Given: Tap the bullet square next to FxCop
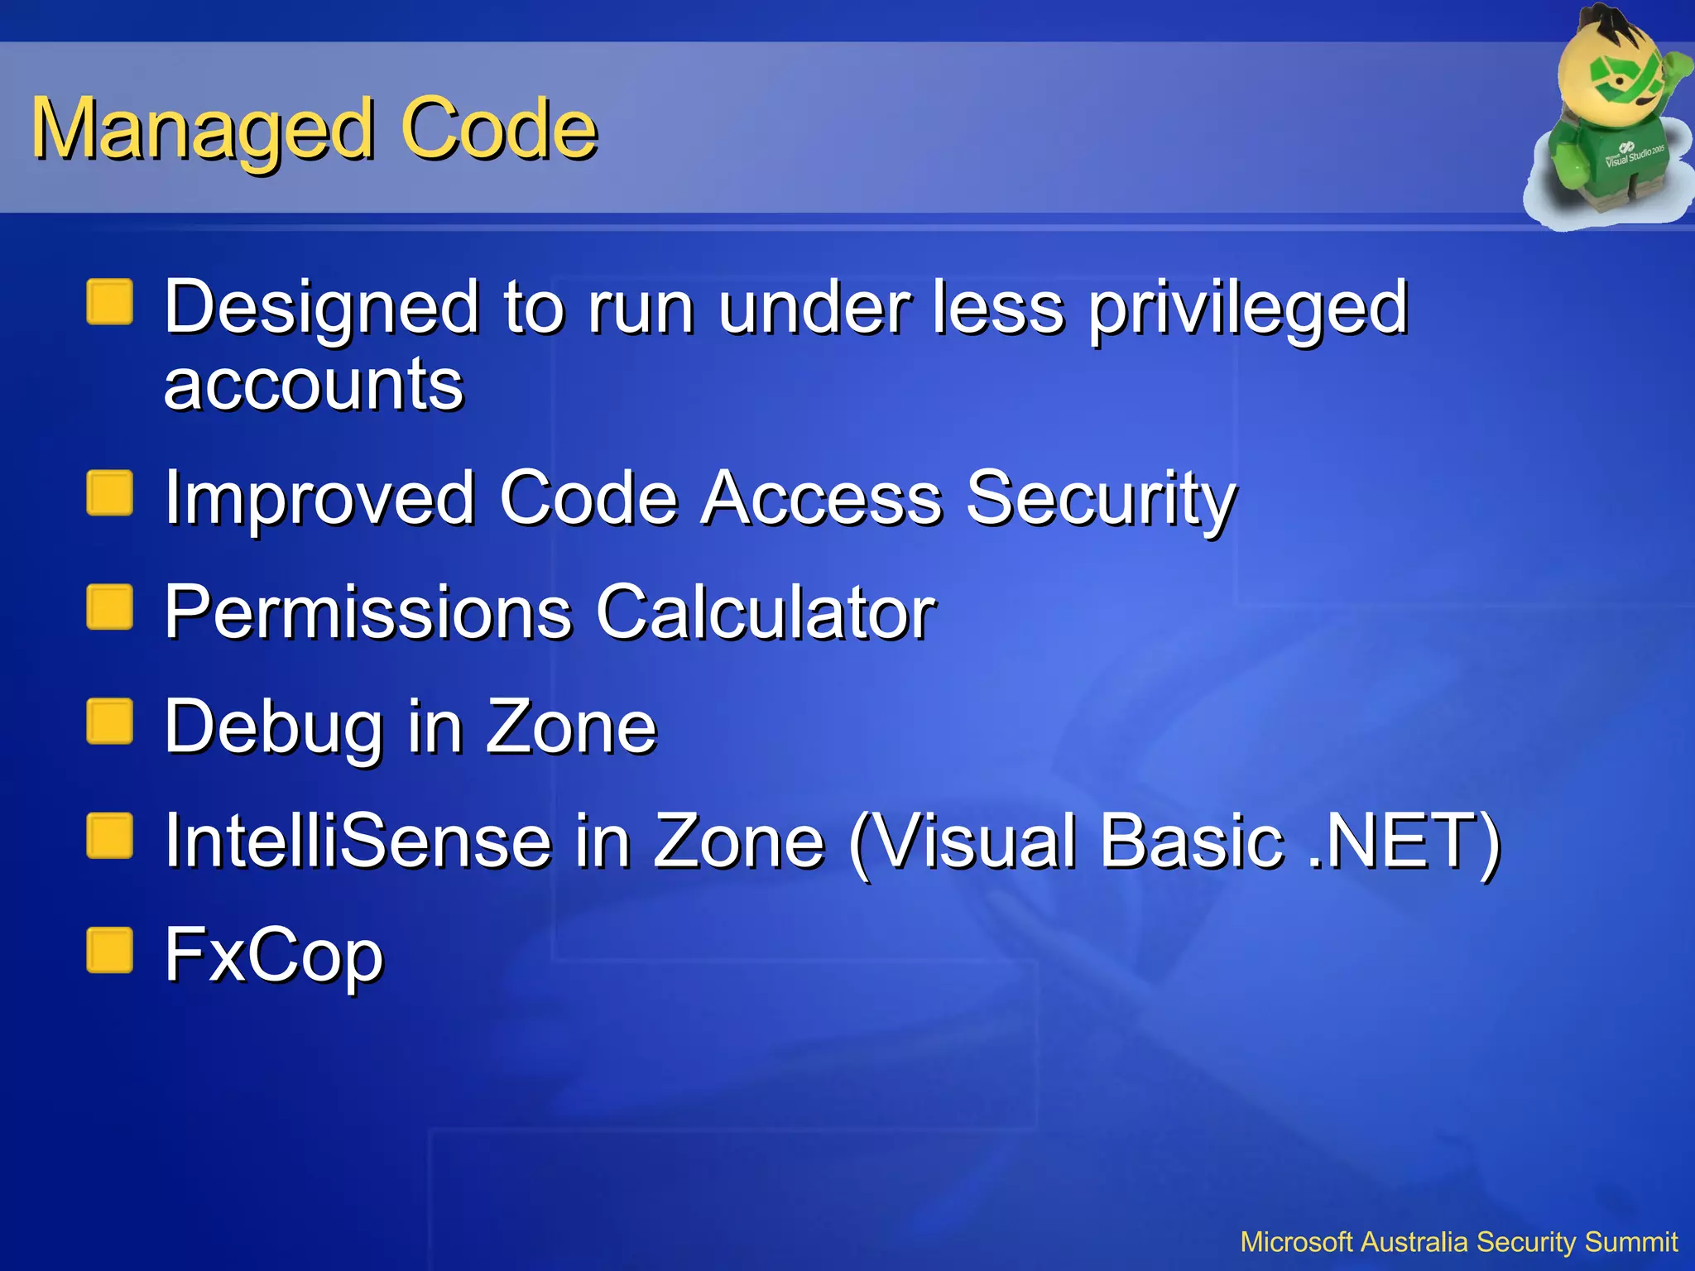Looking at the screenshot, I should [x=110, y=949].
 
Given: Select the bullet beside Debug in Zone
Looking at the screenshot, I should [x=110, y=722].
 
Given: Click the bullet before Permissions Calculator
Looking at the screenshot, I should [x=110, y=607].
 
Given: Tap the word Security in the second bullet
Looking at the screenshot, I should [x=1101, y=499].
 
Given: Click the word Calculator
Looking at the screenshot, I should [x=766, y=612].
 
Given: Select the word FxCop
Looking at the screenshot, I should [x=273, y=957].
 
